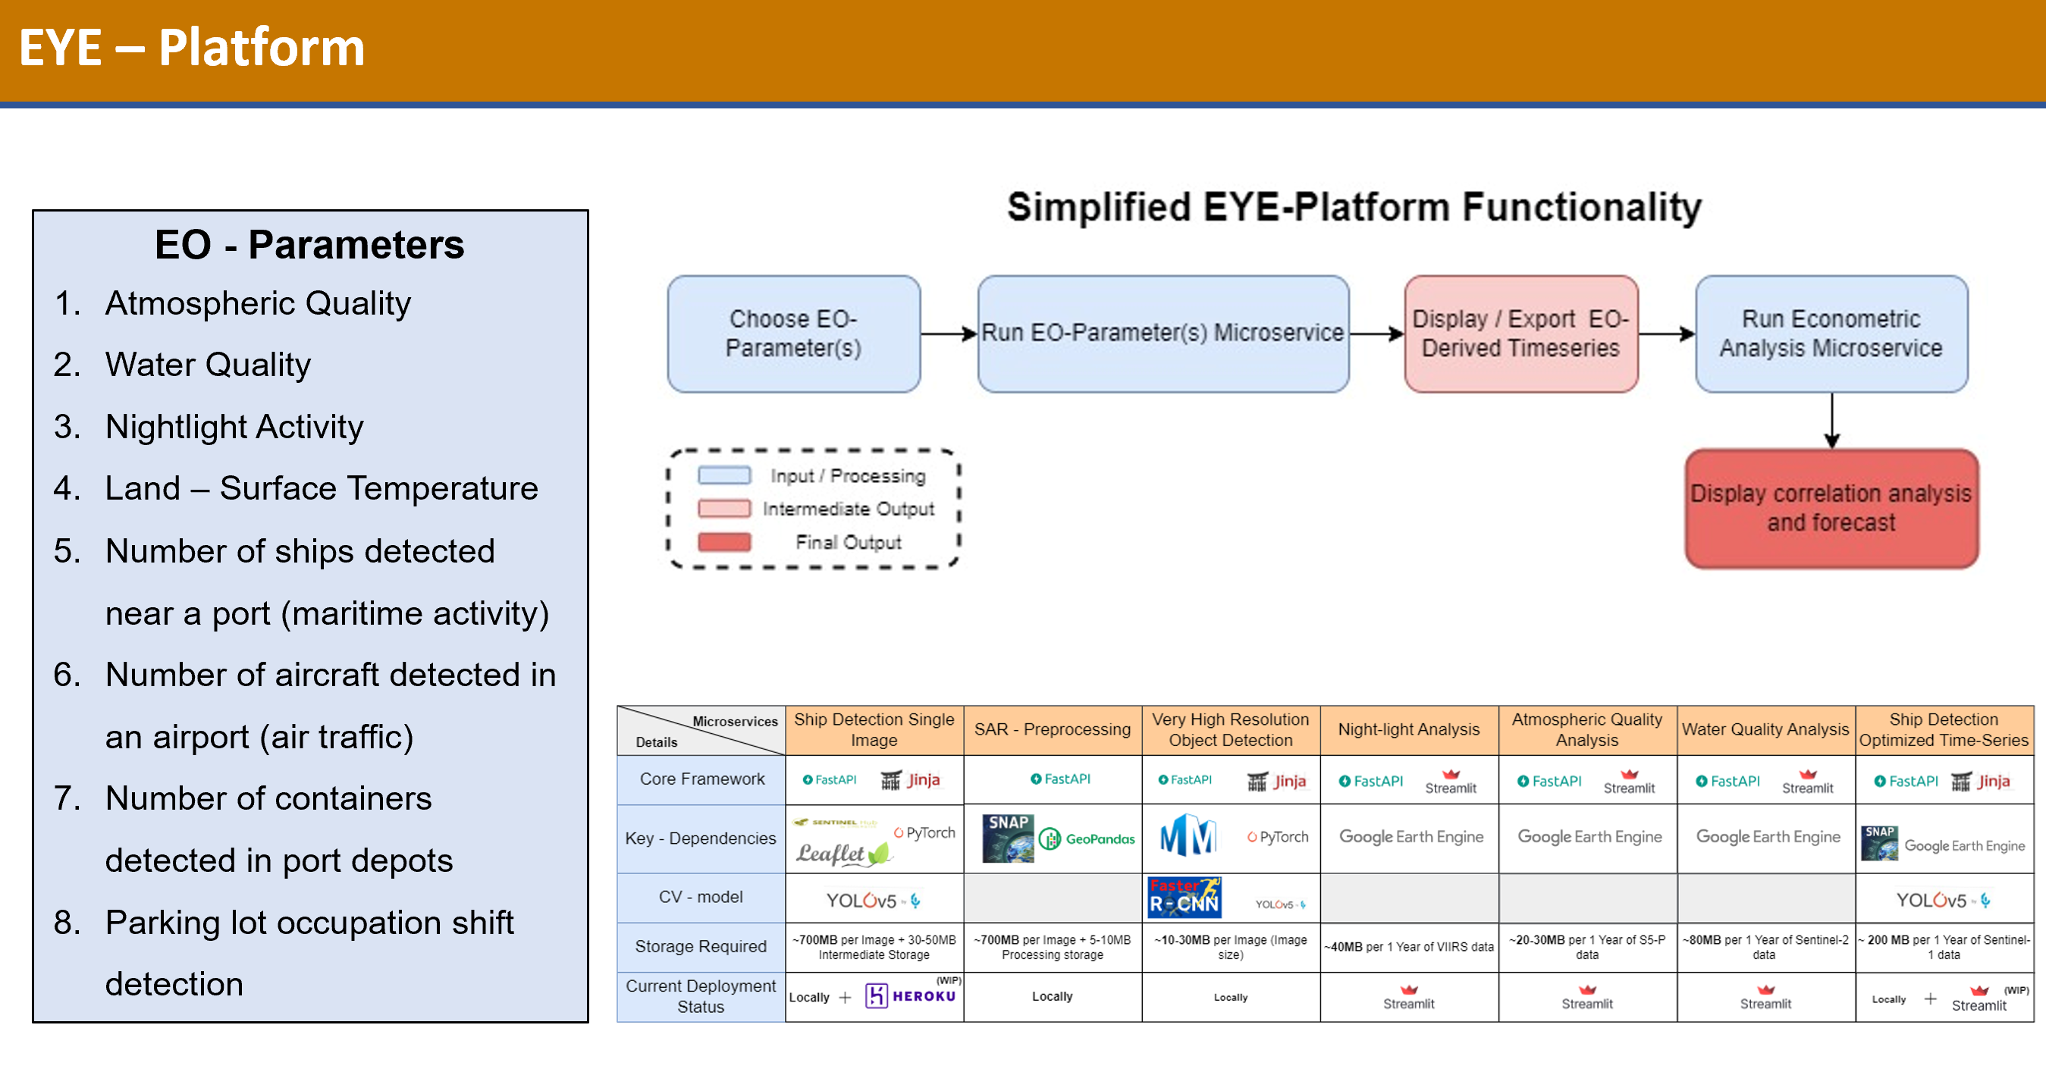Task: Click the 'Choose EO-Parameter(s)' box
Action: pos(793,334)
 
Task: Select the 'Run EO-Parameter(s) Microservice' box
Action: pos(1163,334)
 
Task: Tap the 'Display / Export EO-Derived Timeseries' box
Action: pos(1520,334)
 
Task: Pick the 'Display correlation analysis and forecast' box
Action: pos(1831,508)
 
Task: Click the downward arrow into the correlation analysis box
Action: pos(1831,421)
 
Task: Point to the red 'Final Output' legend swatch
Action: pos(723,542)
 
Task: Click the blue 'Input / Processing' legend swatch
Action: pos(723,475)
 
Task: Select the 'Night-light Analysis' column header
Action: pos(1408,729)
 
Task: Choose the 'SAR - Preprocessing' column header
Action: pos(1052,729)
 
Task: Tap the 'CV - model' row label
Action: pos(701,897)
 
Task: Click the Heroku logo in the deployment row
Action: pos(910,995)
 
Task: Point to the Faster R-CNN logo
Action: pos(1184,898)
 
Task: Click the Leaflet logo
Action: pos(842,854)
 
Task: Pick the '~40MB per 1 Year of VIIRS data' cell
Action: pos(1408,947)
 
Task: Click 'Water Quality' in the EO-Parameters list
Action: pos(207,365)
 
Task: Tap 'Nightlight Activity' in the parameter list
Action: pos(234,428)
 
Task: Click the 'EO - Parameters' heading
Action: pos(309,245)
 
